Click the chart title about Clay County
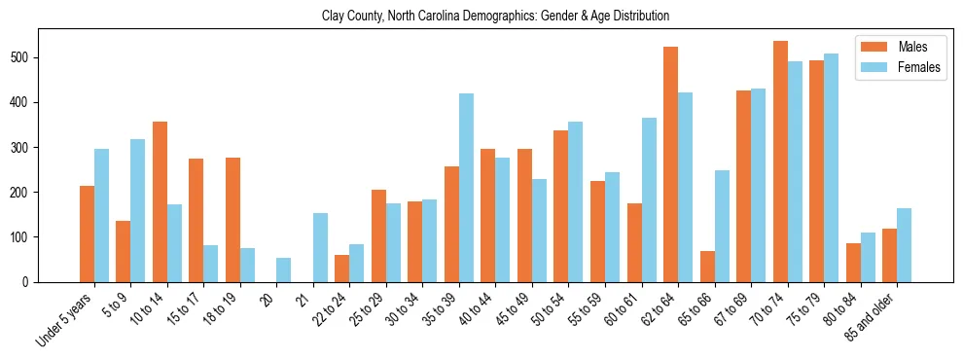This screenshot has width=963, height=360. (x=495, y=17)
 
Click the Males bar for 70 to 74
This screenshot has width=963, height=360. (x=780, y=162)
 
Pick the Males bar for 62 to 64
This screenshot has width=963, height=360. (x=670, y=164)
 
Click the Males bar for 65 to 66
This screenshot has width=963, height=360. (x=707, y=267)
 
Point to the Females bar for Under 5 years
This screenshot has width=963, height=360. (x=101, y=215)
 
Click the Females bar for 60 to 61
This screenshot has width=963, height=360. (x=649, y=199)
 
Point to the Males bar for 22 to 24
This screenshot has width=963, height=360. (x=341, y=269)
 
